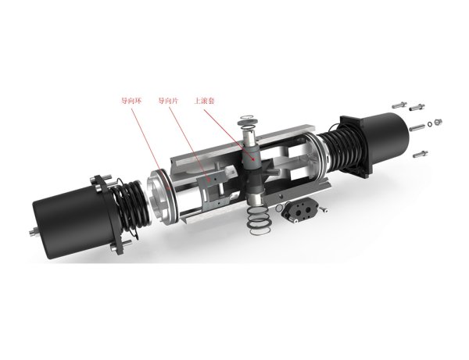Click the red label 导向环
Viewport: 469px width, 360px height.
131,101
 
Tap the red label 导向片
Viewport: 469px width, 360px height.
168,101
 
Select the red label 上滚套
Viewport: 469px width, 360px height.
205,101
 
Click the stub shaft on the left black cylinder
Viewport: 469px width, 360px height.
34,233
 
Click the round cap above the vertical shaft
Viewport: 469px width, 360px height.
248,121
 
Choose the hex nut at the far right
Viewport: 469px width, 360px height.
439,122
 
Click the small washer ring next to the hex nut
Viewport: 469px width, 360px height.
430,123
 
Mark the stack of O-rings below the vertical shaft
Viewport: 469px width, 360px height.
259,220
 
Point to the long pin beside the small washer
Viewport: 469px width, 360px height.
417,128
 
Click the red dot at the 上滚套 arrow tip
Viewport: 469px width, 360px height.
253,159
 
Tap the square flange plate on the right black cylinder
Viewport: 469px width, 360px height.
356,146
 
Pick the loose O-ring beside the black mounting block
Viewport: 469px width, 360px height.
279,208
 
